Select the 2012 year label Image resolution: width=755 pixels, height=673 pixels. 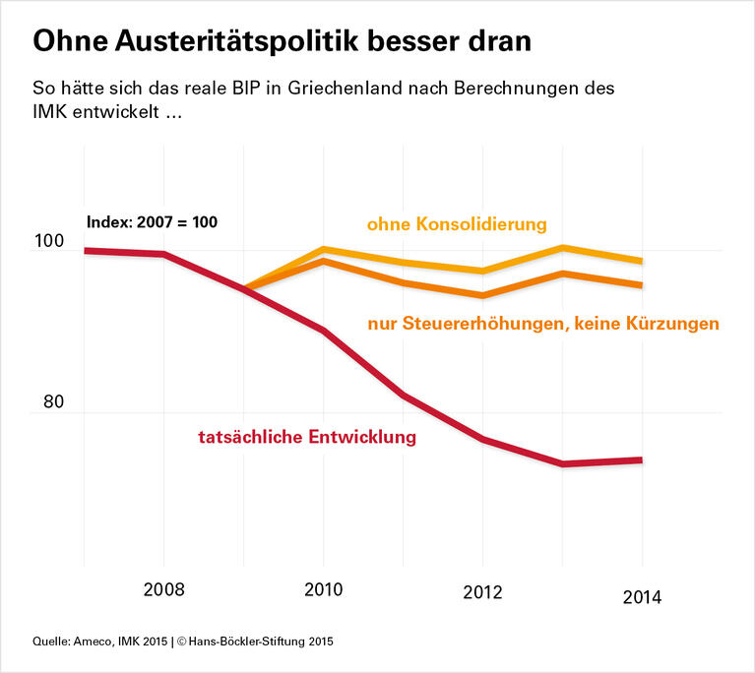pyautogui.click(x=482, y=592)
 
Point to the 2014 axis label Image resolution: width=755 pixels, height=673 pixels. pyautogui.click(x=642, y=596)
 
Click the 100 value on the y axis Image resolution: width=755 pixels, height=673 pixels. pyautogui.click(x=48, y=243)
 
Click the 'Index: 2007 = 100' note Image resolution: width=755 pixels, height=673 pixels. pyautogui.click(x=152, y=222)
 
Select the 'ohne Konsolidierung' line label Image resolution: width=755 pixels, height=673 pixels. pyautogui.click(x=457, y=224)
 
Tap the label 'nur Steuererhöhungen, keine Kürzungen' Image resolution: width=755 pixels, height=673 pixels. pyautogui.click(x=542, y=323)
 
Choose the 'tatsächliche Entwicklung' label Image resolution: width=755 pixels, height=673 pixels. pyautogui.click(x=307, y=437)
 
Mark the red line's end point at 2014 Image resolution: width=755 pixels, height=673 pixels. pyautogui.click(x=642, y=459)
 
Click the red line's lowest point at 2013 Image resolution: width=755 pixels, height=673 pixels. pyautogui.click(x=562, y=463)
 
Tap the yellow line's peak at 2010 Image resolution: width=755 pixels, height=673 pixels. pyautogui.click(x=323, y=249)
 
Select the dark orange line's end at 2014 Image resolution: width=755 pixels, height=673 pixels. pyautogui.click(x=642, y=285)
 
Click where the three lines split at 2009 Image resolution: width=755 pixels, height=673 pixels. pyautogui.click(x=243, y=289)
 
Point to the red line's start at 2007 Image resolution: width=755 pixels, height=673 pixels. pyautogui.click(x=86, y=251)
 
